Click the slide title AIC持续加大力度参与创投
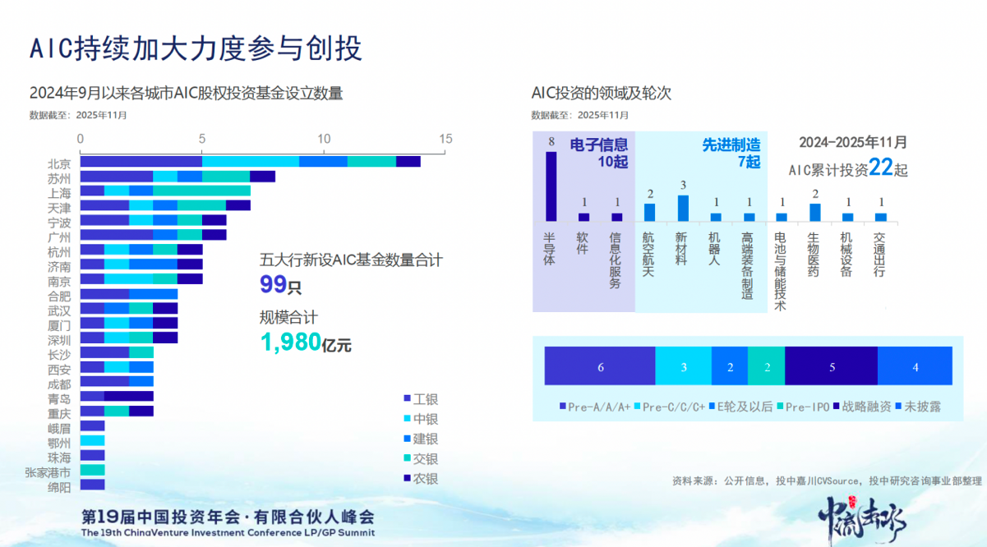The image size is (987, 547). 196,48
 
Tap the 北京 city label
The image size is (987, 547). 59,163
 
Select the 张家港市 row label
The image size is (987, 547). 48,471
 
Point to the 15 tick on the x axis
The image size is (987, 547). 445,139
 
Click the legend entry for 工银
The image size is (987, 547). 421,399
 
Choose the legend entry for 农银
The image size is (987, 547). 421,478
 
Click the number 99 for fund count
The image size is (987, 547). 274,285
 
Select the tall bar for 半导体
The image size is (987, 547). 551,186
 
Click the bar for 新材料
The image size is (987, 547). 682,209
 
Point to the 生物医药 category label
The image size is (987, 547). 814,254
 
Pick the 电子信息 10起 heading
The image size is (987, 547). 599,154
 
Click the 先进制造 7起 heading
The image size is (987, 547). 731,154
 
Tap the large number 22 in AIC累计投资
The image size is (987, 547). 880,168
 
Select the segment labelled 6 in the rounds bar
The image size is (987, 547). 600,367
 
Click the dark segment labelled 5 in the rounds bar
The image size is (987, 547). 831,367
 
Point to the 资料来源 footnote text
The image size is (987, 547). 827,480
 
